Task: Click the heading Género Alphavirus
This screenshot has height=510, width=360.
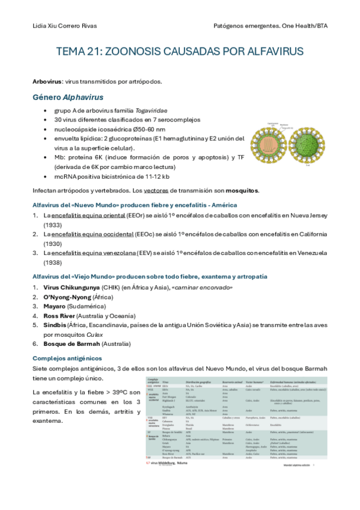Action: [x=67, y=97]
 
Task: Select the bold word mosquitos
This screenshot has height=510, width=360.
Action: [x=242, y=191]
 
